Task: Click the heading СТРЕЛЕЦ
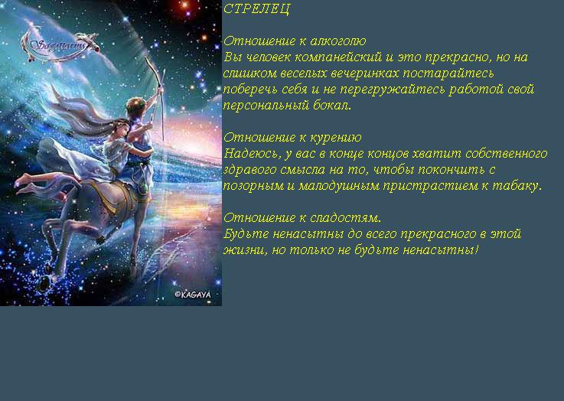tap(256, 8)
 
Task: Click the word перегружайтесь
tap(393, 90)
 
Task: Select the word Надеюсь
tap(252, 154)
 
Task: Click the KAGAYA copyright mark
tap(193, 295)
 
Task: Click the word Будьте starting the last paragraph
tap(246, 234)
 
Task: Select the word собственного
tap(507, 154)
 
